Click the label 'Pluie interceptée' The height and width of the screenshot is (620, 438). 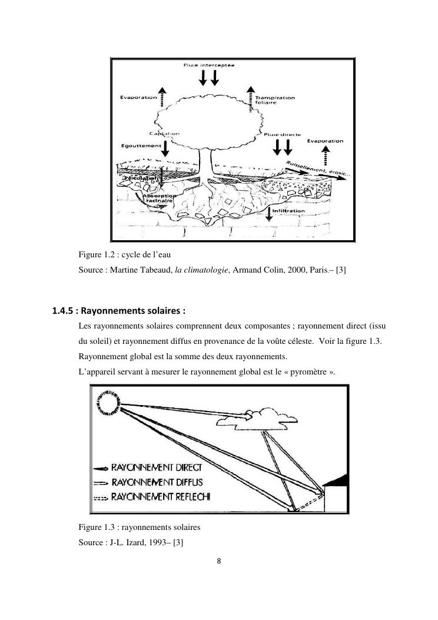coord(209,65)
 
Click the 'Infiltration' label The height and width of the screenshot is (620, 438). coord(288,210)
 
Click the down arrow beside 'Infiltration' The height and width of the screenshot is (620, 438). coord(269,213)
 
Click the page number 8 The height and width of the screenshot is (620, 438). coord(219,561)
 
